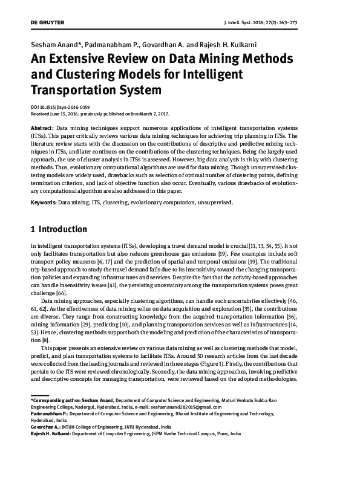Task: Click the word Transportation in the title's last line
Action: click(71, 91)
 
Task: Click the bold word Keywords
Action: click(43, 202)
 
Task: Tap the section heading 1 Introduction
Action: click(59, 230)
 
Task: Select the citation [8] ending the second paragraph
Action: click(36, 341)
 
